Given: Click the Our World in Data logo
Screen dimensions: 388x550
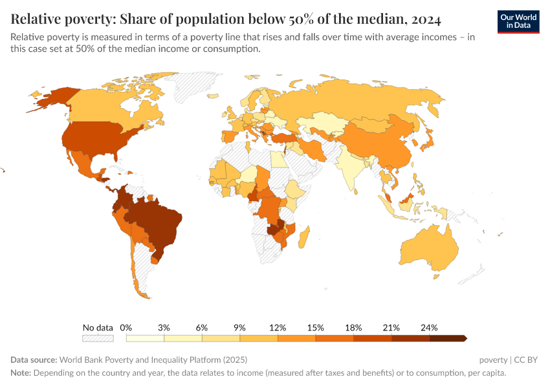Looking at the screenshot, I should (x=518, y=21).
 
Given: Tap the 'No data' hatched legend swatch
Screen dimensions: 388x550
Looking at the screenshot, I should (x=98, y=338).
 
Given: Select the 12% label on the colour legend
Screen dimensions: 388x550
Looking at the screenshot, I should (x=278, y=327).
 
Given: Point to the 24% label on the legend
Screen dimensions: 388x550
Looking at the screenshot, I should (x=429, y=327).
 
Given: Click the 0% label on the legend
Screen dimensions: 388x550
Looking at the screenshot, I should (x=126, y=327).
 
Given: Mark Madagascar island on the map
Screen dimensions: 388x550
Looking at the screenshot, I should (x=303, y=233).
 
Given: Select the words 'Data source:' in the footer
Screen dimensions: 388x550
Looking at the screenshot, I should (x=34, y=360).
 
